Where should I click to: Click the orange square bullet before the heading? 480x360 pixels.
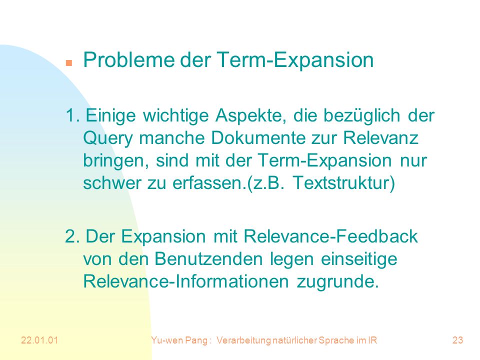(x=69, y=63)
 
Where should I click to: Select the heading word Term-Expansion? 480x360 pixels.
(x=295, y=60)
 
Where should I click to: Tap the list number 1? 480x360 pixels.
(x=72, y=115)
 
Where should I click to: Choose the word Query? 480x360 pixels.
(x=108, y=138)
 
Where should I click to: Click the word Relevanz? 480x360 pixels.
(x=380, y=138)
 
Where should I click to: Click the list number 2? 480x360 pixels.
(x=72, y=236)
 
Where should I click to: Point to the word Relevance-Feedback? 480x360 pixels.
(x=330, y=236)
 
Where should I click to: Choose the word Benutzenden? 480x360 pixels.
(x=208, y=259)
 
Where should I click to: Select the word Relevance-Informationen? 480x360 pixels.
(x=186, y=281)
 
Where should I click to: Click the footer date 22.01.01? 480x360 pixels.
(x=39, y=340)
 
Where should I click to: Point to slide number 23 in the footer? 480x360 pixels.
(x=457, y=340)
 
